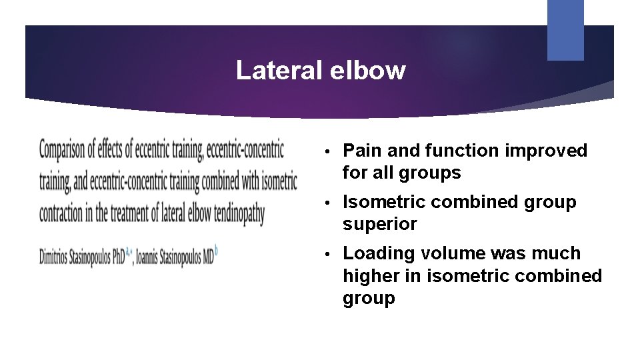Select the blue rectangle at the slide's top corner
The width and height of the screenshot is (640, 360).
point(565,29)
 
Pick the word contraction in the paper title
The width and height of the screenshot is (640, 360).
point(66,214)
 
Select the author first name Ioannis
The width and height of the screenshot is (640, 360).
point(151,257)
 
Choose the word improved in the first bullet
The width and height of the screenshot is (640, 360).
point(546,151)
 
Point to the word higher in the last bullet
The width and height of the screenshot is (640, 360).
point(368,276)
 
